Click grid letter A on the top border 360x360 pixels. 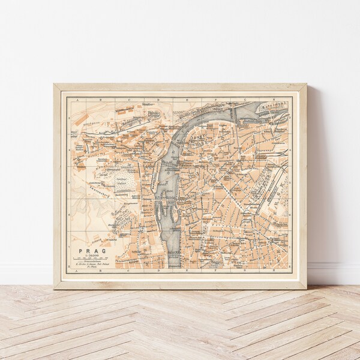(78, 94)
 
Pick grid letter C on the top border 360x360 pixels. (133, 94)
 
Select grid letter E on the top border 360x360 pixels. (187, 94)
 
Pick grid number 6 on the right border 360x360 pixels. (291, 230)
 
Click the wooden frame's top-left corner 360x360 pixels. (54, 84)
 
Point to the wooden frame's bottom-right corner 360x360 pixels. (306, 288)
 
